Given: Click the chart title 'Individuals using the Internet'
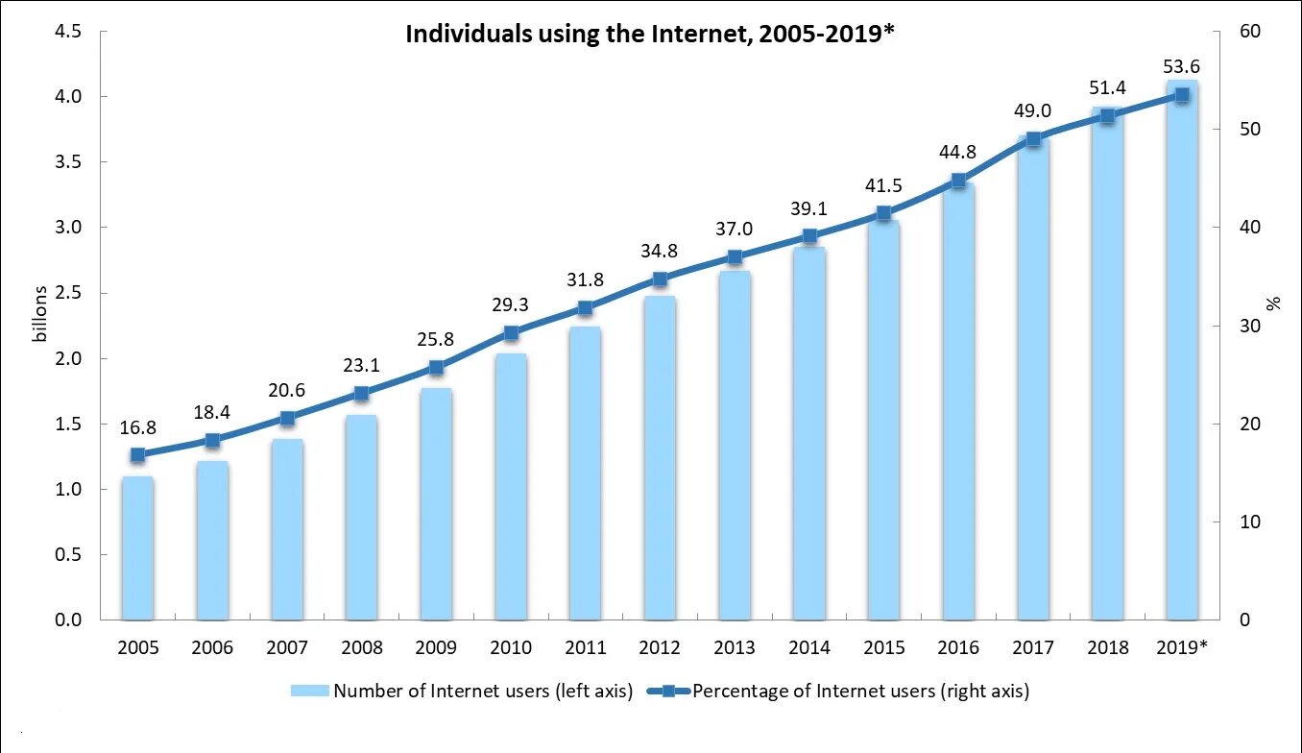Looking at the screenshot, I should (x=650, y=35).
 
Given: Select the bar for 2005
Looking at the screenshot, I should (x=137, y=547).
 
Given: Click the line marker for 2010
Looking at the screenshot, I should (x=511, y=333).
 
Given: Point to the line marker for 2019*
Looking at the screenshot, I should (x=1182, y=94).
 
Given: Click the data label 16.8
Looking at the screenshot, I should (x=137, y=428).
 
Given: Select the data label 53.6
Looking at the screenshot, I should (x=1181, y=67).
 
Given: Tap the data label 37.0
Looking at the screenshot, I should (x=735, y=230).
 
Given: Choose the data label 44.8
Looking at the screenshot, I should (x=958, y=152).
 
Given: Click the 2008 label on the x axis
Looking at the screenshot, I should (x=361, y=648).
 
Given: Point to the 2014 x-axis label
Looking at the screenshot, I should (x=809, y=648).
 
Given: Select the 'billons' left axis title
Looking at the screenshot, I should (x=39, y=313).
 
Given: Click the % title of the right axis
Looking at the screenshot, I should (x=1274, y=304).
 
